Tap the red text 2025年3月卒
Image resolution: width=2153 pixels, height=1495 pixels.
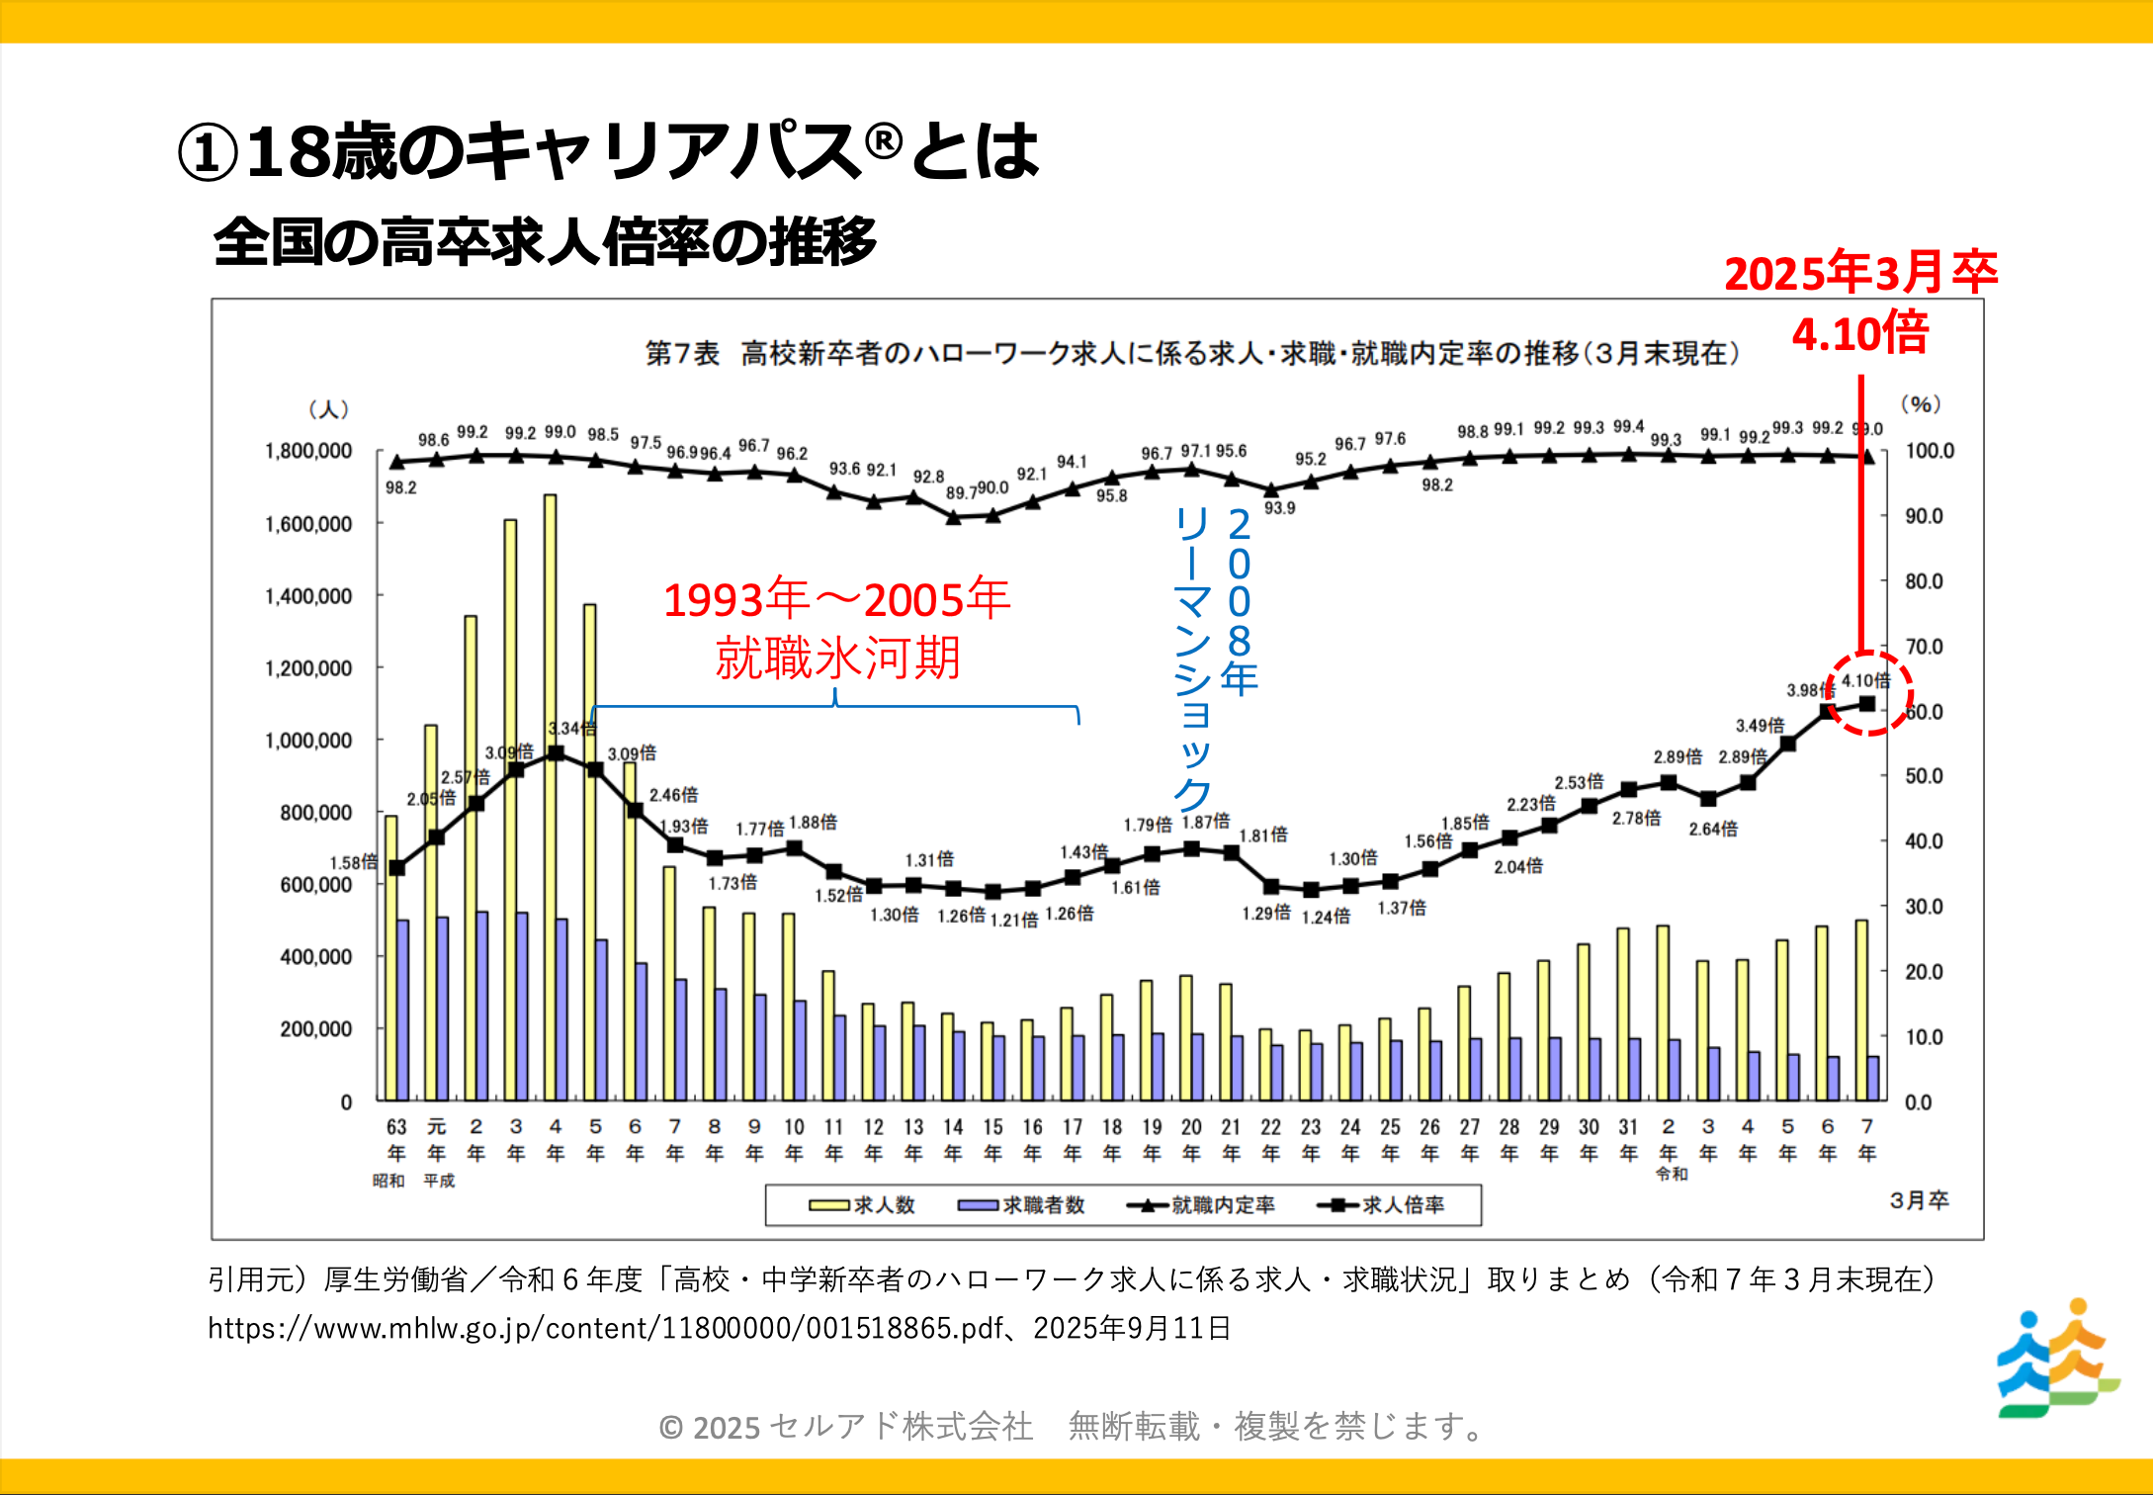[1860, 274]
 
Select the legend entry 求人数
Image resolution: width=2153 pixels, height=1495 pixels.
[862, 1205]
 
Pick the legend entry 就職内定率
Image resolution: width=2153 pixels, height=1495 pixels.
[1201, 1205]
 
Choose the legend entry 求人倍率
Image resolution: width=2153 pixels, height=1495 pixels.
[1381, 1205]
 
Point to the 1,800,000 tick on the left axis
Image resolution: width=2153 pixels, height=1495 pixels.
[308, 452]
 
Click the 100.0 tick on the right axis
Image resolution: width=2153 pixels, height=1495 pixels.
[1930, 452]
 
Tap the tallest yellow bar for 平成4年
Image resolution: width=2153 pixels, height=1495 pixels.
[550, 791]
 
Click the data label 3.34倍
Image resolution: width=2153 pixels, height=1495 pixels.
[572, 729]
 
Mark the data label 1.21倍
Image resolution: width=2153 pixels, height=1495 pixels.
[1014, 921]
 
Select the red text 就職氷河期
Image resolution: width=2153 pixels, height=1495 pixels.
[838, 658]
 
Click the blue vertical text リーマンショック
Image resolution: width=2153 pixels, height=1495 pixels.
[1192, 658]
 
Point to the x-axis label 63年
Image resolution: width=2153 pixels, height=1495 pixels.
[396, 1139]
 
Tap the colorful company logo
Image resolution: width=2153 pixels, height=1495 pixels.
[2058, 1359]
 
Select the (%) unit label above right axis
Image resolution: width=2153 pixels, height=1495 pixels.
[1921, 403]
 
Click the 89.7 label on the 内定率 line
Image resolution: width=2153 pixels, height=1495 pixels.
[961, 492]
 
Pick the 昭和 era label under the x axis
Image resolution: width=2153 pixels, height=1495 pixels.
[388, 1181]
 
